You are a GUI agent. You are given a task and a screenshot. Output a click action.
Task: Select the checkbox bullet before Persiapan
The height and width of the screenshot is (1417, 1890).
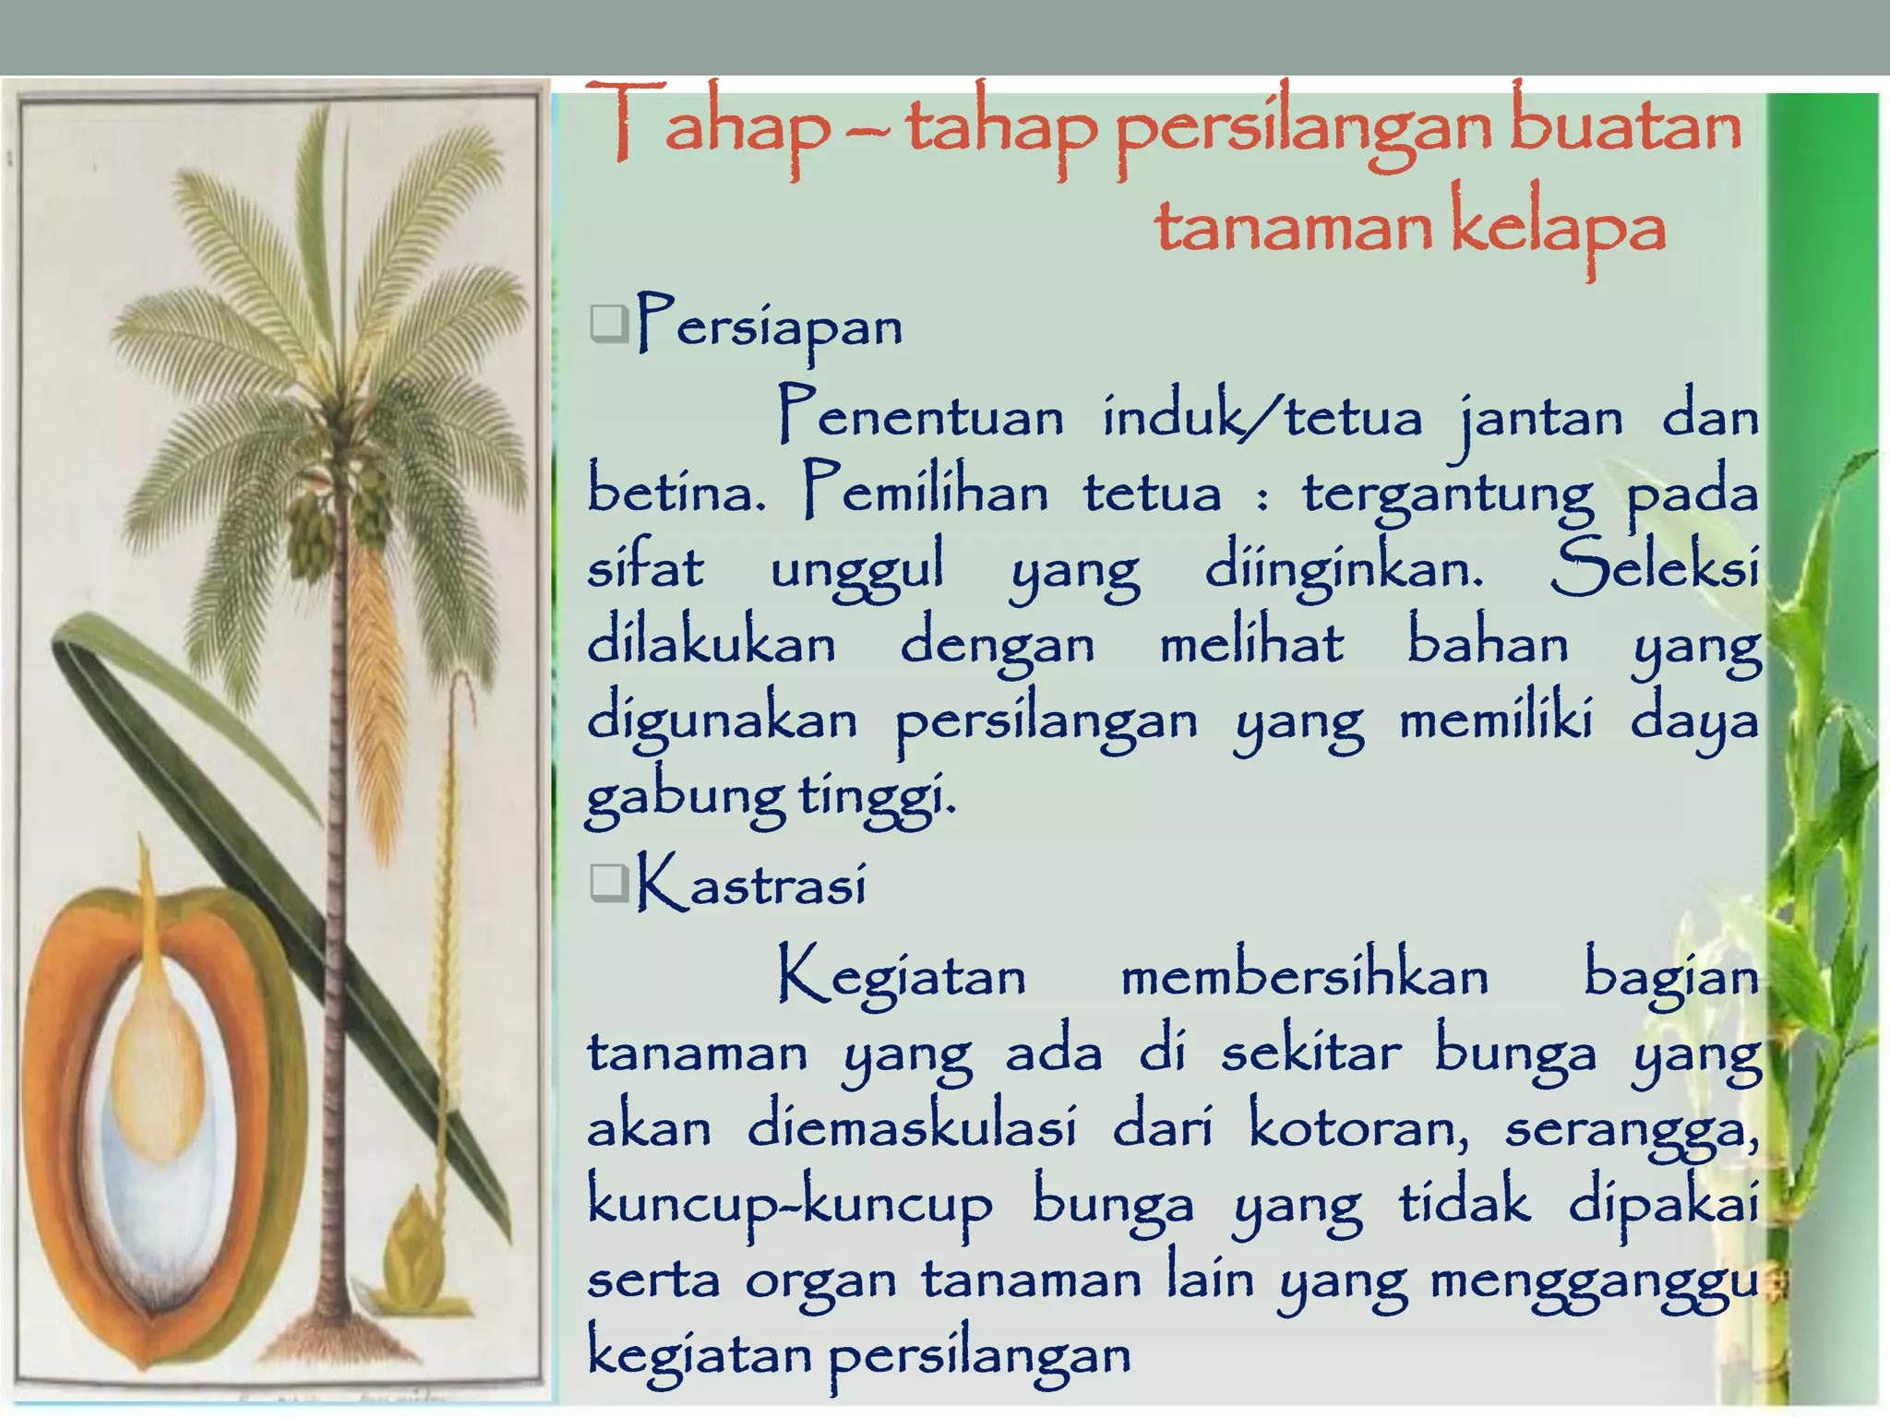click(608, 324)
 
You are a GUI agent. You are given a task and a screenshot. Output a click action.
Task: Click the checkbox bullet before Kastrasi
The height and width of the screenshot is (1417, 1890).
click(608, 883)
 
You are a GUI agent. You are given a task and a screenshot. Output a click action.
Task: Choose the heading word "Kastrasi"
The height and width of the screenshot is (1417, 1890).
click(751, 884)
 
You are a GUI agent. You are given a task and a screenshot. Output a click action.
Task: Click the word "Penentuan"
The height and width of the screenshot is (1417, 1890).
click(920, 416)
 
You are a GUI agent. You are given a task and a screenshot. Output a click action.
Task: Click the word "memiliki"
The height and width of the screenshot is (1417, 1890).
click(1495, 720)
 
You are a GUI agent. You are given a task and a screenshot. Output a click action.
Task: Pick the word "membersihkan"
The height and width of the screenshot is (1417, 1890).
click(1304, 976)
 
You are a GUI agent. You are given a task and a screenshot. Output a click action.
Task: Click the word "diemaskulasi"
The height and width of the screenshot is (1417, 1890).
click(911, 1127)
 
